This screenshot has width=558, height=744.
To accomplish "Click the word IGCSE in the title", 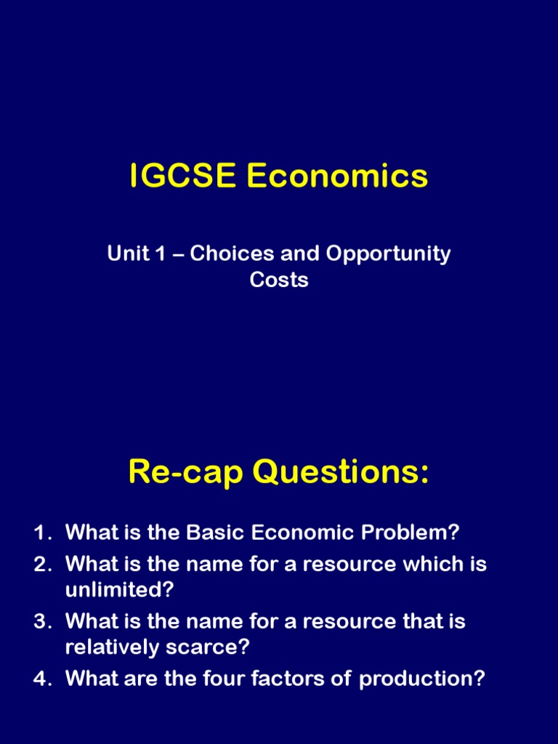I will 182,177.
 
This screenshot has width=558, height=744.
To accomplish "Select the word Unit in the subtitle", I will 124,254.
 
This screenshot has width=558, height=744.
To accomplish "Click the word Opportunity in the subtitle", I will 388,255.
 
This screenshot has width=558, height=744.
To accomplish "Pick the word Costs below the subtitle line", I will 279,280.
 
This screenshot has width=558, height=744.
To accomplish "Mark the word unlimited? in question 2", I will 120,589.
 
